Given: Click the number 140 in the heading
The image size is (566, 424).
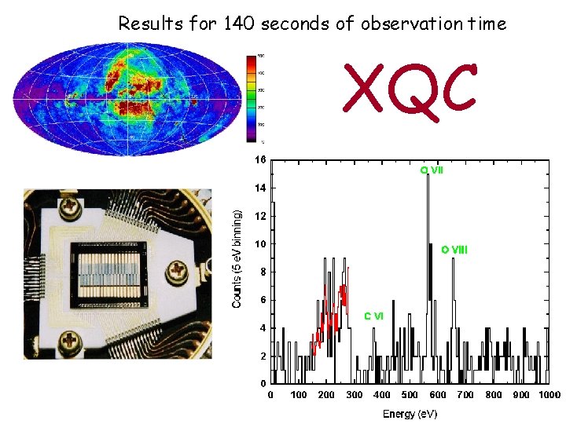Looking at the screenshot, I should [238, 24].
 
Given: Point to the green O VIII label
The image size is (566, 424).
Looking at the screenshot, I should [454, 250].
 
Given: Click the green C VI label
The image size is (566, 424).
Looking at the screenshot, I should [373, 316].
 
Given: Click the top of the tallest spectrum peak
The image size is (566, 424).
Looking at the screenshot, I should [427, 175].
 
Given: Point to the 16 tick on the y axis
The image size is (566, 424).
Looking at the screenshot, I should [259, 159].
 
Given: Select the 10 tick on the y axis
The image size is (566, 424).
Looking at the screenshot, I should [259, 244].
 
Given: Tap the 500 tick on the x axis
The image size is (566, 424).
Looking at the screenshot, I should [410, 394].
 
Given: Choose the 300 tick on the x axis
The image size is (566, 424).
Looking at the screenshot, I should [354, 394].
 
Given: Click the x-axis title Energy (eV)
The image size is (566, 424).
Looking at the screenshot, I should [410, 414].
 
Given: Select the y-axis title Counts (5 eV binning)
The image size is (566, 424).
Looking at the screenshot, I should [237, 258].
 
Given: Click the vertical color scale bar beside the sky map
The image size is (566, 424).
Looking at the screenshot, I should [251, 99].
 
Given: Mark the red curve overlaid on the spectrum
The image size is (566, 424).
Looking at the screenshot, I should [330, 314].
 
